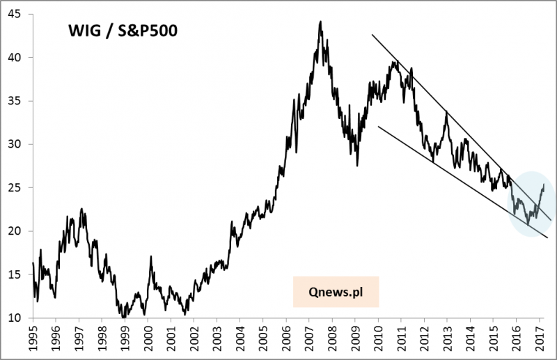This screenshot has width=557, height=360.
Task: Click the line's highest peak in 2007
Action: point(320,22)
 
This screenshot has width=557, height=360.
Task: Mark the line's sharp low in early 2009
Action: point(357,165)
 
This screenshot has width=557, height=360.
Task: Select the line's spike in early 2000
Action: point(151,256)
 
